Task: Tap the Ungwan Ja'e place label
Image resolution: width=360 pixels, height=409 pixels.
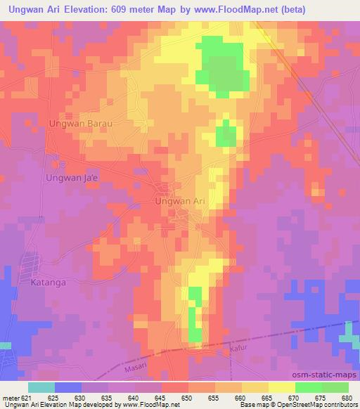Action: tap(72, 177)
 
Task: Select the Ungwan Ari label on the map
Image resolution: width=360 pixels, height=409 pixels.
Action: tap(180, 201)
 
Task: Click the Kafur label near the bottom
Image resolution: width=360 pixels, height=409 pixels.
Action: tap(240, 347)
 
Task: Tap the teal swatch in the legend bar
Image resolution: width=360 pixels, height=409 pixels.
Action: tap(41, 387)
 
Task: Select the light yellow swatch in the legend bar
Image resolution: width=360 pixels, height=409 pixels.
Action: tap(281, 387)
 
